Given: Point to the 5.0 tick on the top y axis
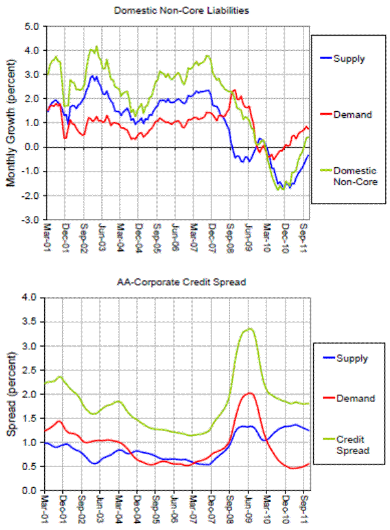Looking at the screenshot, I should click(x=31, y=27).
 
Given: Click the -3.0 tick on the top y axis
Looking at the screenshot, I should click(x=31, y=220).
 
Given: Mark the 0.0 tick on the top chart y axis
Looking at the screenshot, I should click(x=31, y=148).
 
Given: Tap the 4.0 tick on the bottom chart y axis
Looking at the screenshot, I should click(x=31, y=298).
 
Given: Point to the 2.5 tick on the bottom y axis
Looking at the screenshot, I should click(x=31, y=370).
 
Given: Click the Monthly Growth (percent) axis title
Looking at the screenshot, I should click(x=11, y=124).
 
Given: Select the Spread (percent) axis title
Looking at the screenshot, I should click(x=11, y=393).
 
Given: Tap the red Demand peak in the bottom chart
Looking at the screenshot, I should click(x=250, y=393).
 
